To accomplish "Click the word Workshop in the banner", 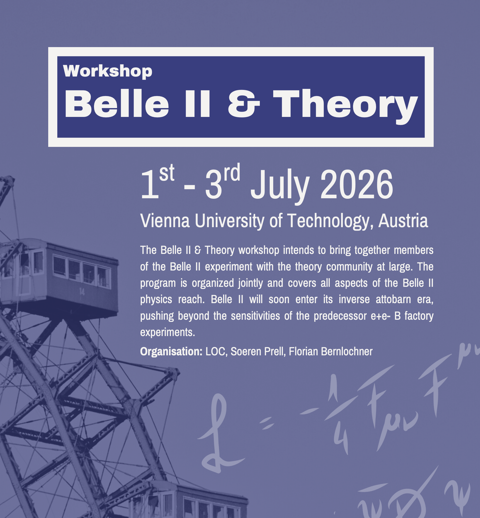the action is tap(108, 72).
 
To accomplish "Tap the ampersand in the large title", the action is tap(244, 104).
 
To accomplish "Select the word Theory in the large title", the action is tap(345, 106).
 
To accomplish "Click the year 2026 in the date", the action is tap(357, 184).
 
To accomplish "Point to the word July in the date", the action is tap(280, 186).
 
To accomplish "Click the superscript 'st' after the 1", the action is tap(167, 173).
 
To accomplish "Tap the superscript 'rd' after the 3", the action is tap(232, 172).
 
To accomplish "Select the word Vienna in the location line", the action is tap(165, 221).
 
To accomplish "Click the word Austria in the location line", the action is tap(403, 221).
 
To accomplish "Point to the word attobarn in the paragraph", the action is tap(393, 299).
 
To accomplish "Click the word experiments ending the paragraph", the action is tap(168, 333).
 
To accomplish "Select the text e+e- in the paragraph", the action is tap(380, 316).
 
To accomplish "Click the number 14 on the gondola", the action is tap(82, 292).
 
